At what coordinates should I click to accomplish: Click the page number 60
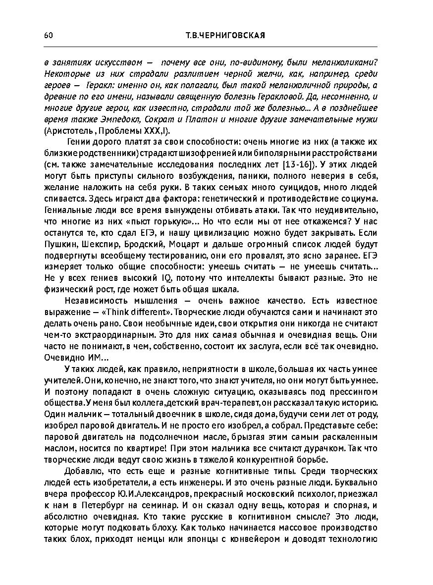[48, 35]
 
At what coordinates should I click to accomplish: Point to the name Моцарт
[183, 244]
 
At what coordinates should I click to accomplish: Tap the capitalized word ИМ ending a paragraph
[87, 358]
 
